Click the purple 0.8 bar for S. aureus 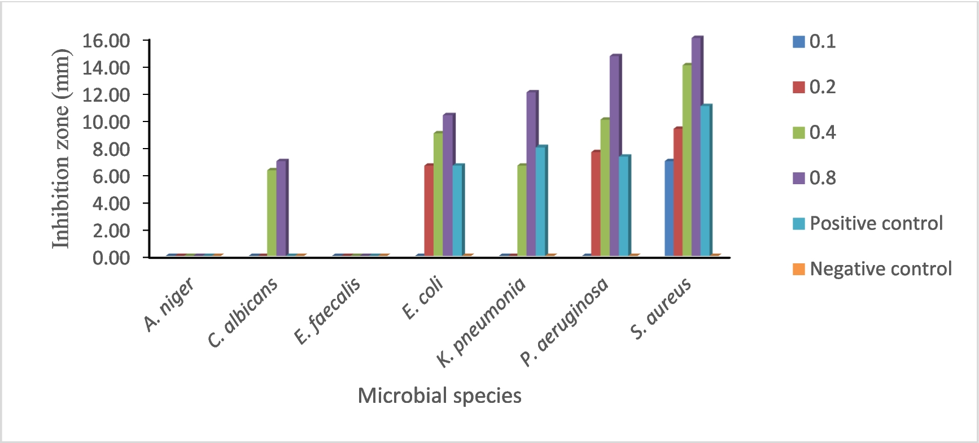696,147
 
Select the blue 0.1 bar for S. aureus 669,209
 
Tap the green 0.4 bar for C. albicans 272,213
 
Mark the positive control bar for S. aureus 705,181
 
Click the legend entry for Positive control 876,224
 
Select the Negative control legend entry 880,269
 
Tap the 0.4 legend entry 822,133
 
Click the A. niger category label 169,305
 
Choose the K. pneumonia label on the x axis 482,322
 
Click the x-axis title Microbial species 439,396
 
